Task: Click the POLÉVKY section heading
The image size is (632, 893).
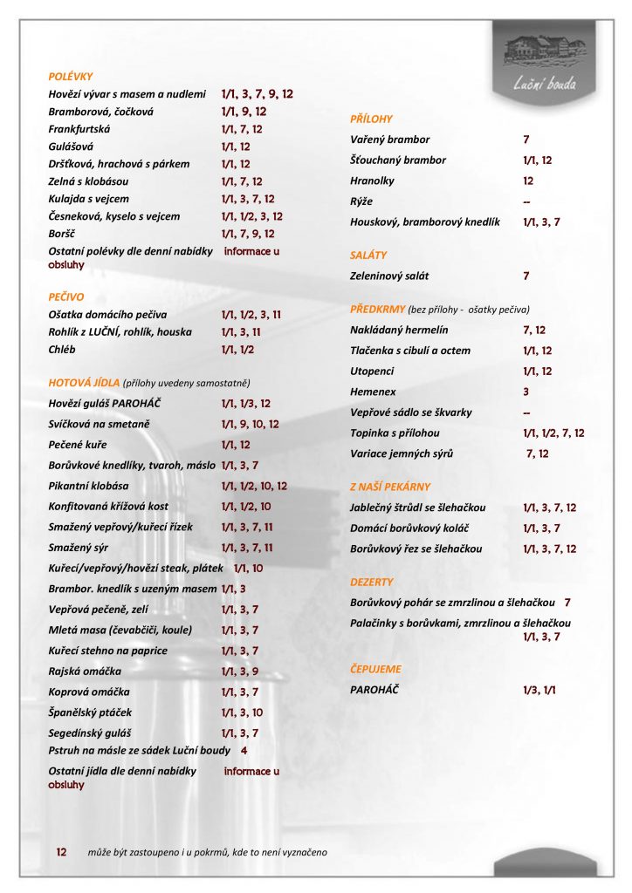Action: [71, 77]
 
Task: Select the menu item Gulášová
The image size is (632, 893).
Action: [71, 147]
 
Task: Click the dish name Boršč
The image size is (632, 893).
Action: [60, 234]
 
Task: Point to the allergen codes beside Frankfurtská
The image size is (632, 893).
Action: [242, 129]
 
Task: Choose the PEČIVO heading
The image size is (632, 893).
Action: [66, 297]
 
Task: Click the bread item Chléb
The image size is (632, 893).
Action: [61, 349]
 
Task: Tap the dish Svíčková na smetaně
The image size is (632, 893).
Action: [100, 424]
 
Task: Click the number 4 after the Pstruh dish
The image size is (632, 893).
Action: [244, 750]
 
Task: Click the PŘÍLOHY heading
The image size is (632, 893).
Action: [371, 119]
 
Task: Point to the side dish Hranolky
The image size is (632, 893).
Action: [372, 181]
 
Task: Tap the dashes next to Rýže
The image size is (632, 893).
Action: [527, 202]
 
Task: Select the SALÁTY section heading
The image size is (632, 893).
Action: [368, 256]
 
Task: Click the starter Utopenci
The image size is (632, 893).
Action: [372, 372]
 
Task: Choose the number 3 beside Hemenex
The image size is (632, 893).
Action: [526, 392]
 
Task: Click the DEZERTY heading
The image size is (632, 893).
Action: [371, 582]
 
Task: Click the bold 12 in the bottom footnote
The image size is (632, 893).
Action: [61, 851]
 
